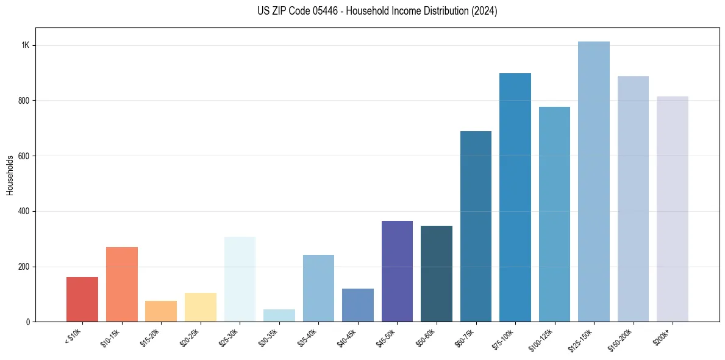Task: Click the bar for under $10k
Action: pos(82,300)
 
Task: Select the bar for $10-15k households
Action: pos(121,284)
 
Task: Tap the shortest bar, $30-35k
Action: pos(279,315)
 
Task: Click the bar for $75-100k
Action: pos(515,198)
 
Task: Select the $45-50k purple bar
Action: pos(397,272)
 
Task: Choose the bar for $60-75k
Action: pos(476,226)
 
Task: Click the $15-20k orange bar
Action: pos(161,311)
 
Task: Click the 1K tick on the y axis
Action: pos(26,46)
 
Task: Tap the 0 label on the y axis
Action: pos(27,322)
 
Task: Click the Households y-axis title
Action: pos(10,175)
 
